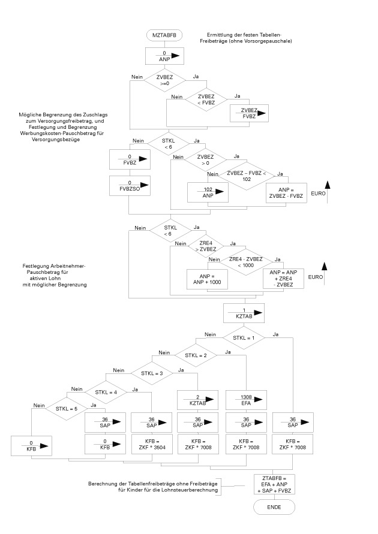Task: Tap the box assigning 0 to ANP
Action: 163,56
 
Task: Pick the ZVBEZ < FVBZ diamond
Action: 205,100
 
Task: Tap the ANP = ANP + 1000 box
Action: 207,279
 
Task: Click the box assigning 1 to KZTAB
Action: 244,312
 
